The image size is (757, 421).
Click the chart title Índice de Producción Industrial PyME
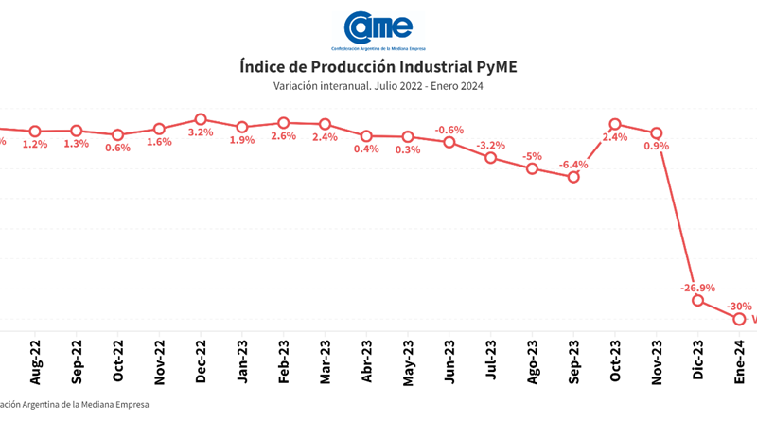coord(378,66)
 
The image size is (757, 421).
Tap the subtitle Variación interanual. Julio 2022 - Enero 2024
coord(378,86)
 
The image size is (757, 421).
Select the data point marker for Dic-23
coord(698,300)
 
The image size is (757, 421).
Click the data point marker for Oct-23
coord(615,124)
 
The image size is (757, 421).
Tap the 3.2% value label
coord(201,132)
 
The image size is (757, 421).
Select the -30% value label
coord(739,307)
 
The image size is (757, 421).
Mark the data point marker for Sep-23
coord(573,177)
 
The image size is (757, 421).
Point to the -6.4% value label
coord(573,165)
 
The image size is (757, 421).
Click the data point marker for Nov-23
coord(657,132)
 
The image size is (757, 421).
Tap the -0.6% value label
coord(449,130)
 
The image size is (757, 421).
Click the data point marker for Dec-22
coord(201,119)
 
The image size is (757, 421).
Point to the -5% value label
coord(533,157)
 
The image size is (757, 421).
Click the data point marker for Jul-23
coord(491,158)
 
